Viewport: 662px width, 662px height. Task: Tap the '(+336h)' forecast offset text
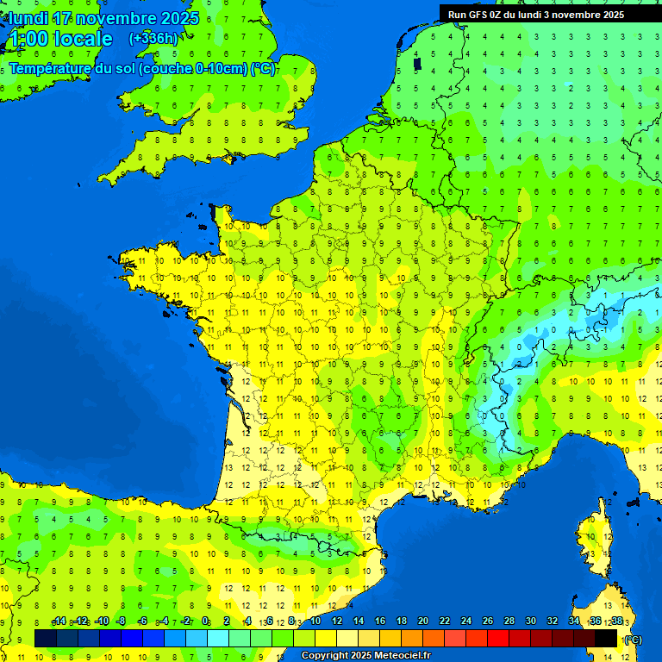[153, 38]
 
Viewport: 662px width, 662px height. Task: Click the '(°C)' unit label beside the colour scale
[632, 639]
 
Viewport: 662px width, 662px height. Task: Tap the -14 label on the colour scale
[59, 621]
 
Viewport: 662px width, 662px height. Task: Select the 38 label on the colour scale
[617, 621]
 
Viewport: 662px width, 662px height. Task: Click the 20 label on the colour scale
[423, 621]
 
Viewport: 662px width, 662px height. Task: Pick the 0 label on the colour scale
[205, 621]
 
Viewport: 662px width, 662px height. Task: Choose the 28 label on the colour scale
[509, 621]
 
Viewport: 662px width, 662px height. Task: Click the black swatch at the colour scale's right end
[606, 638]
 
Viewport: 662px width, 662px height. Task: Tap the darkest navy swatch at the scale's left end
[46, 638]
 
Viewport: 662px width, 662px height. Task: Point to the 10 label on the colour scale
[315, 621]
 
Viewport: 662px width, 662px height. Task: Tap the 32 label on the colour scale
[553, 621]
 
